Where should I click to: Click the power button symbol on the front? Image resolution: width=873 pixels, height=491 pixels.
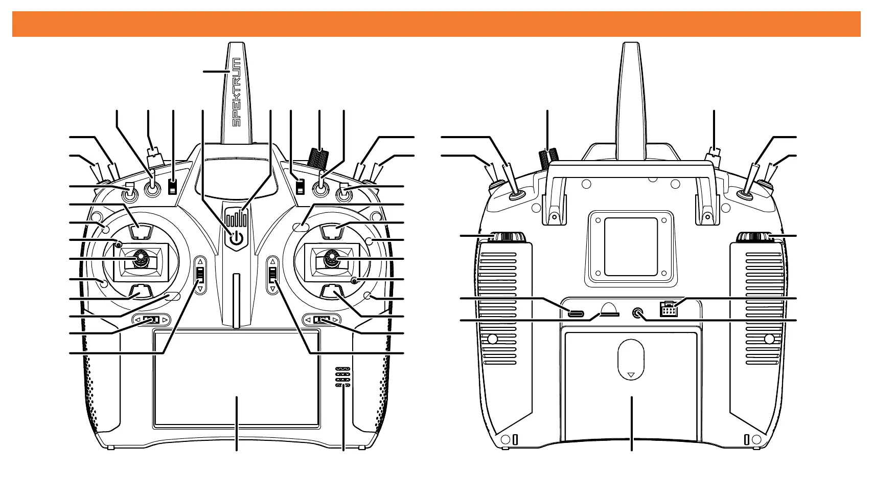[x=236, y=238]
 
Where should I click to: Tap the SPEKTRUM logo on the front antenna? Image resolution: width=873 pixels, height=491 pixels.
[x=236, y=92]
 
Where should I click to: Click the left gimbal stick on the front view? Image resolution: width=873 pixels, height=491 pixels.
[x=140, y=260]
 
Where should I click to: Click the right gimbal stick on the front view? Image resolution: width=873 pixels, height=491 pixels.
[x=332, y=259]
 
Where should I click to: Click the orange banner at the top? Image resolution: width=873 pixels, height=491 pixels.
[x=436, y=24]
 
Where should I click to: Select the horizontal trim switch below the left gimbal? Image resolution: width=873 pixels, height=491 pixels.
[x=151, y=320]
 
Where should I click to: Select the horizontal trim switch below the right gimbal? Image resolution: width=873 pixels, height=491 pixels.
[x=321, y=320]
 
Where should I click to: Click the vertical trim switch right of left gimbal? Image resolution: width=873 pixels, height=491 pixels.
[x=200, y=275]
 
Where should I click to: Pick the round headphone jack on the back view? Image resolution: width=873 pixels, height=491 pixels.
[x=637, y=313]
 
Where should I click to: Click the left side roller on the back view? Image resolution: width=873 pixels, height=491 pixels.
[x=509, y=237]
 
